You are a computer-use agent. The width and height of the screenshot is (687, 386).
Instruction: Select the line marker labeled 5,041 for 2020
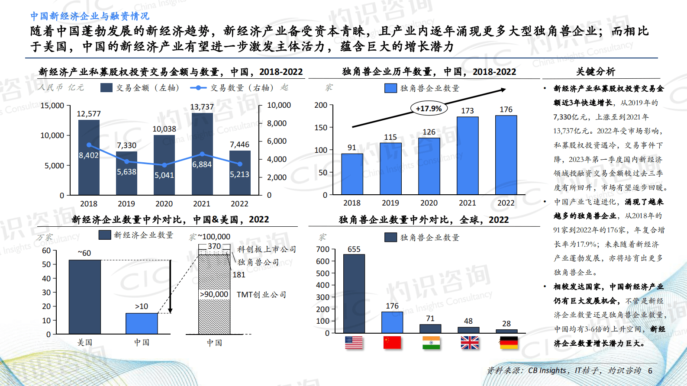(164, 165)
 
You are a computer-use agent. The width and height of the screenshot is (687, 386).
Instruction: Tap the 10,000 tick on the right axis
(279, 105)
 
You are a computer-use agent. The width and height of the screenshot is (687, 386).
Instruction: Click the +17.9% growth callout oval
(429, 109)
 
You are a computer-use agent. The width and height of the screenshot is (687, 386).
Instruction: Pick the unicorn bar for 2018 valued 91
(352, 174)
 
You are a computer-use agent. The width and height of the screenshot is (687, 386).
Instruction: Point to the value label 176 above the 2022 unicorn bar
(506, 109)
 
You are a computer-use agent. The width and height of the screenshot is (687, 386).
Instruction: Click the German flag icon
(508, 343)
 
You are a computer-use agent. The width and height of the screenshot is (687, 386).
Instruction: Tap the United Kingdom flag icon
(470, 343)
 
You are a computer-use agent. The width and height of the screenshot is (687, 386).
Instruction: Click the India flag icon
(431, 343)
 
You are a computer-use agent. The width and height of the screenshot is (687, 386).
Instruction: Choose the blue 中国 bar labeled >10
(142, 323)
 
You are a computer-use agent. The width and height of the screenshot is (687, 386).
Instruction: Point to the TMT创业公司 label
(261, 295)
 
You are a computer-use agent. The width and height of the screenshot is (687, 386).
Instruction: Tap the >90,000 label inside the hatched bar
(214, 294)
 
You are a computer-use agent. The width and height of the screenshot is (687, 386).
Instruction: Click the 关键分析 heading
(595, 71)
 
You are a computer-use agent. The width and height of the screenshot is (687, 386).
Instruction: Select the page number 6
(650, 371)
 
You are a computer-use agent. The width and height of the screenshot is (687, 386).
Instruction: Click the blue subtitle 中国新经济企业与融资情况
(90, 16)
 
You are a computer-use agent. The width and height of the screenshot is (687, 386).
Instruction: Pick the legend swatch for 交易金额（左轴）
(106, 88)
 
